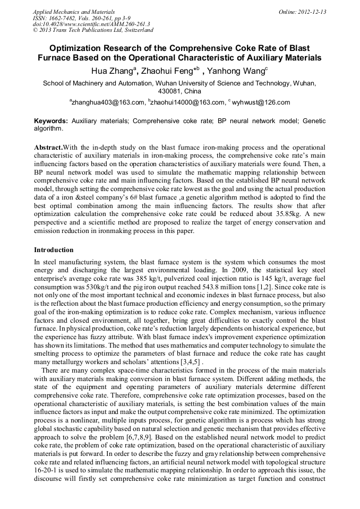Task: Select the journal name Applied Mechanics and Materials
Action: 74,12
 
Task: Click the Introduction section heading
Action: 54,249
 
